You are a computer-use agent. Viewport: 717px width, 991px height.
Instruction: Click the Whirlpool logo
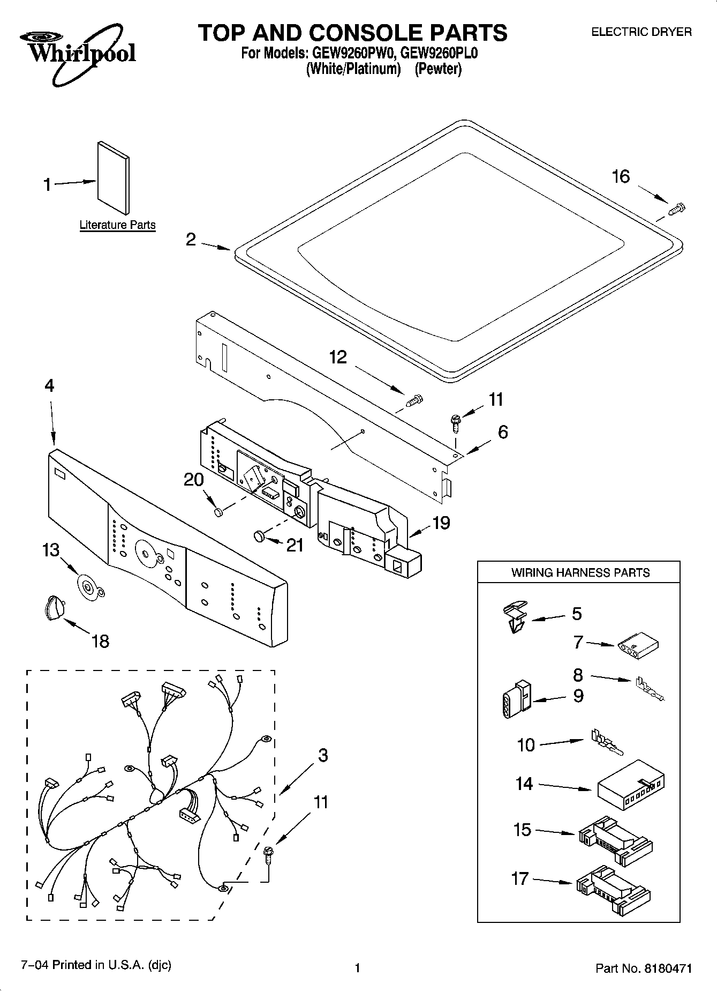pyautogui.click(x=78, y=54)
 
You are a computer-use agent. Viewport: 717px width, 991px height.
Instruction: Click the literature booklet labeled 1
pyautogui.click(x=113, y=177)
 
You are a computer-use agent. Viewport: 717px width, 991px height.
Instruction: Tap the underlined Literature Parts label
pyautogui.click(x=117, y=225)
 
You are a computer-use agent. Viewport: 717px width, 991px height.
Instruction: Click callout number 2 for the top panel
pyautogui.click(x=191, y=240)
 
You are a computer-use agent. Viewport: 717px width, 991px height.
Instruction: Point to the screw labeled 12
pyautogui.click(x=414, y=400)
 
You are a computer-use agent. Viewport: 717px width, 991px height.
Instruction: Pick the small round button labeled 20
pyautogui.click(x=218, y=512)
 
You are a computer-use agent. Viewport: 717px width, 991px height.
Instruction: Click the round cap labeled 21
pyautogui.click(x=259, y=535)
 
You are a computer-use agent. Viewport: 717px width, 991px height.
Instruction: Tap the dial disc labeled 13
pyautogui.click(x=88, y=586)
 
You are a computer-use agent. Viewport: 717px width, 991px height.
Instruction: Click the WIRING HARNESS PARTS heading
pyautogui.click(x=580, y=572)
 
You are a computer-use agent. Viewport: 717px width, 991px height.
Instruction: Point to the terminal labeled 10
pyautogui.click(x=605, y=742)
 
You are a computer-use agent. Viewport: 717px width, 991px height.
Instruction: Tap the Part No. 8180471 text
pyautogui.click(x=644, y=968)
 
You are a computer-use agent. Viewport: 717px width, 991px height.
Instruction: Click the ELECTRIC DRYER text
pyautogui.click(x=640, y=32)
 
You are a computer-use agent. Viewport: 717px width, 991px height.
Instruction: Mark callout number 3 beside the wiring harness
pyautogui.click(x=322, y=756)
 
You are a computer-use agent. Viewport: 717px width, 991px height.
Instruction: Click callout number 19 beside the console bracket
pyautogui.click(x=441, y=523)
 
